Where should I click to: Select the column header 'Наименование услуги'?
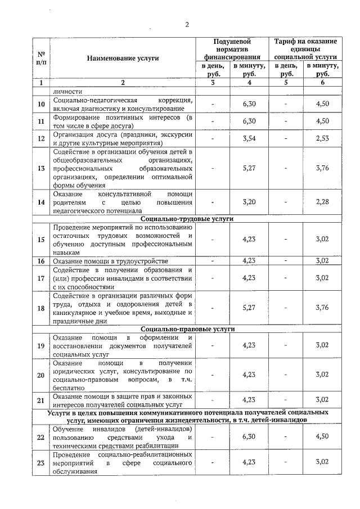pyautogui.click(x=123, y=58)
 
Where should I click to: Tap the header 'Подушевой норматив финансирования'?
pyautogui.click(x=232, y=49)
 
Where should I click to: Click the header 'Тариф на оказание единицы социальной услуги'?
pyautogui.click(x=305, y=49)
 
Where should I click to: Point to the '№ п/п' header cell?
pyautogui.click(x=40, y=58)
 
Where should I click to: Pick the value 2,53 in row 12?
pyautogui.click(x=322, y=139)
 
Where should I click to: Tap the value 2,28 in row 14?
pyautogui.click(x=322, y=202)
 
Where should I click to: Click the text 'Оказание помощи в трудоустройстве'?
pyautogui.click(x=110, y=261)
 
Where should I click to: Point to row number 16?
pyautogui.click(x=40, y=261)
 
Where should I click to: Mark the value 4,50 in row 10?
pyautogui.click(x=322, y=104)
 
